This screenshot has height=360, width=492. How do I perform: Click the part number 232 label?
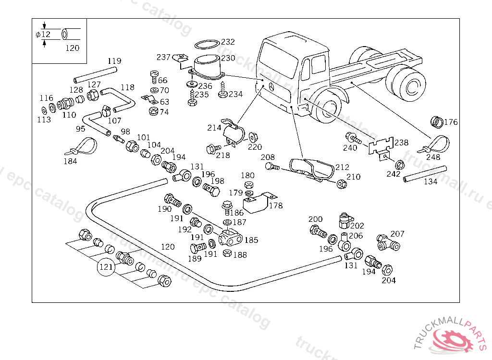tap(228, 42)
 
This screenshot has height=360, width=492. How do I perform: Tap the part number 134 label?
tap(430, 182)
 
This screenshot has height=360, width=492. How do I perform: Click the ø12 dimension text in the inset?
tap(43, 35)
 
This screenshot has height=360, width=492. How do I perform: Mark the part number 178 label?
tap(276, 205)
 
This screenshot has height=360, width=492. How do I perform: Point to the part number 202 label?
tap(357, 226)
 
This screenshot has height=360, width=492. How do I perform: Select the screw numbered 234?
tap(222, 91)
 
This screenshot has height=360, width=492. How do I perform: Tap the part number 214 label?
tap(214, 128)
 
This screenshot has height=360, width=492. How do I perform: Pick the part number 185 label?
tap(251, 240)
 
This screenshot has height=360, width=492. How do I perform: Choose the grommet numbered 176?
tap(436, 122)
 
